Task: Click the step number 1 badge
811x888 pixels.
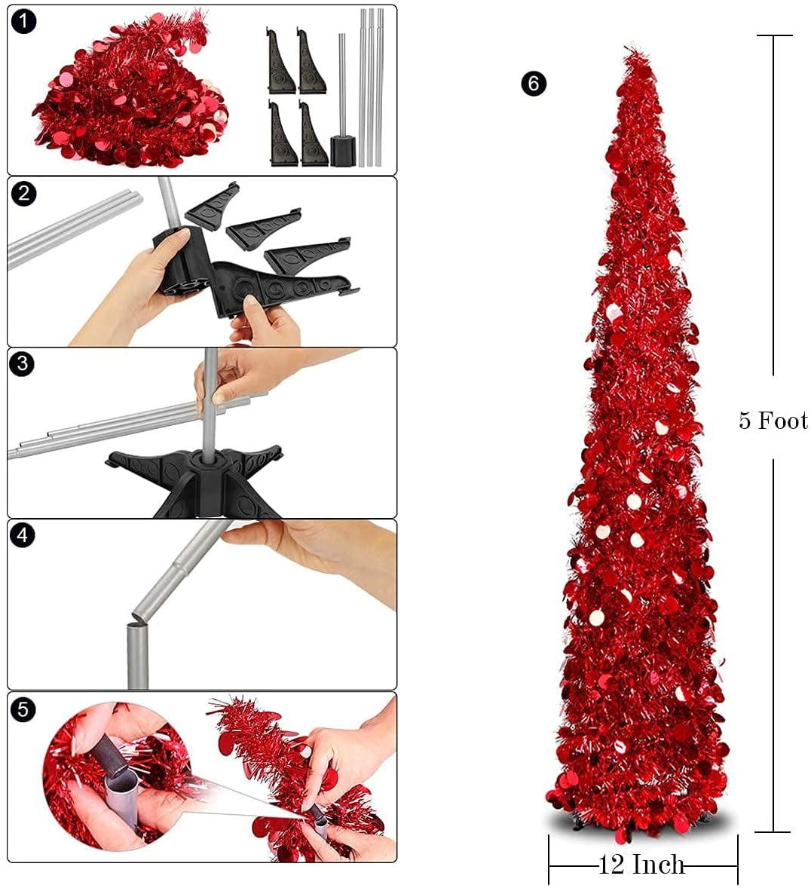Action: pos(24,21)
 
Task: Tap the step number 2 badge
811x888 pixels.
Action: pos(24,194)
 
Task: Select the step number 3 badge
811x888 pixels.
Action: pos(24,364)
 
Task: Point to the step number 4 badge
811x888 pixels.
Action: pos(24,536)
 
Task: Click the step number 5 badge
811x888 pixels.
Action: pos(24,709)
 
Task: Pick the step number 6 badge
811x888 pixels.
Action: pos(534,83)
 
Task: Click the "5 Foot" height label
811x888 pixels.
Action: pos(773,420)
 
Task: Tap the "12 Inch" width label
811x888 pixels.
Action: pos(641,864)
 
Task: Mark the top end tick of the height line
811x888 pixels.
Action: pos(773,35)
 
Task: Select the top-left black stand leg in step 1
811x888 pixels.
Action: pos(281,60)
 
